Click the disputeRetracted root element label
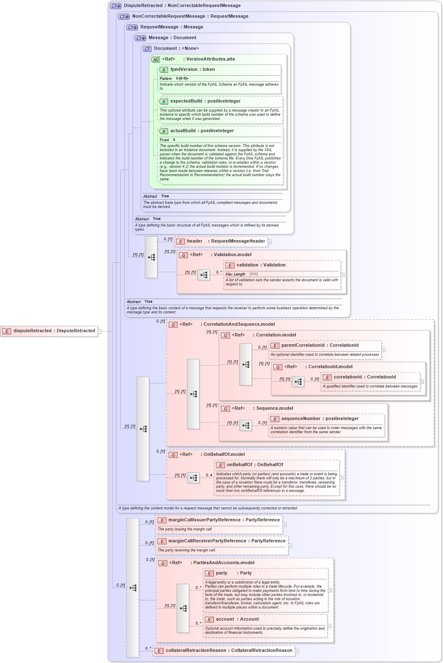[54, 331]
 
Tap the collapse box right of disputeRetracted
[100, 331]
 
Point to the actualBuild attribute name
[183, 131]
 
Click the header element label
[195, 241]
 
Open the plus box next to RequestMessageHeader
[270, 242]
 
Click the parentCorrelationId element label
[303, 345]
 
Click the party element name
[222, 573]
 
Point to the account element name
[225, 619]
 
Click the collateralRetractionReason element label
[196, 650]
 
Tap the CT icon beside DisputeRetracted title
[115, 6]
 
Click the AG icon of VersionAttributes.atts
[155, 59]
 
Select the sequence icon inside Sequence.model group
[246, 425]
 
